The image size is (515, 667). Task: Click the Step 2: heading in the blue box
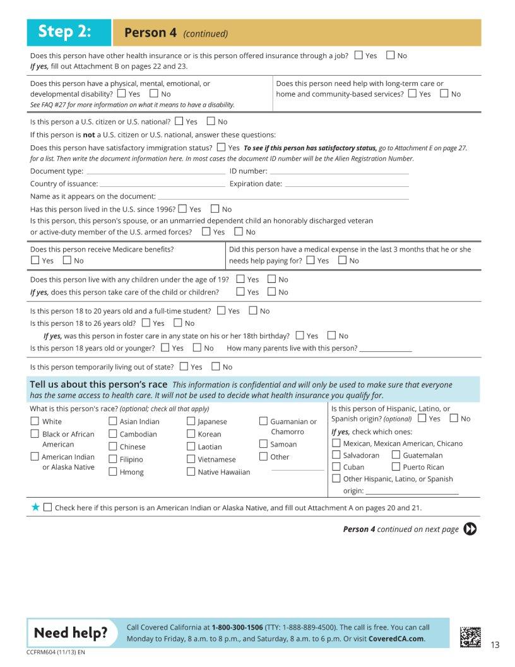coord(65,32)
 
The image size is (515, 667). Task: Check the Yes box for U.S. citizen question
coord(179,121)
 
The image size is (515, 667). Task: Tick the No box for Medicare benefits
coord(67,260)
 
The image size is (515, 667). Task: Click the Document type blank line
coord(155,172)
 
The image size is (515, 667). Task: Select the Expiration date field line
coord(346,184)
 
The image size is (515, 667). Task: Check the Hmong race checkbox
coord(113,472)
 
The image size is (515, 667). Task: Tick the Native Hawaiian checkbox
coord(191,472)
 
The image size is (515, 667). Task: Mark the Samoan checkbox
coord(263,444)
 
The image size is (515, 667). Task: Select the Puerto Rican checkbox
coord(396,467)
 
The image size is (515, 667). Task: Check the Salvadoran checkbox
coord(336,455)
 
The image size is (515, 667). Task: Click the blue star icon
coord(35,507)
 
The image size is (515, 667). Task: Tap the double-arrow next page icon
coord(470,529)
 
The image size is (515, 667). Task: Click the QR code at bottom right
coord(470,637)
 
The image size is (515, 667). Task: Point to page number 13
coord(495,645)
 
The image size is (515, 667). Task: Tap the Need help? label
coord(71,633)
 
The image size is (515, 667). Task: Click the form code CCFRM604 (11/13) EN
coord(56,652)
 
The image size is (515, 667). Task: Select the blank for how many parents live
coord(386,349)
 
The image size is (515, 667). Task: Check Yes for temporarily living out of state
coord(184,366)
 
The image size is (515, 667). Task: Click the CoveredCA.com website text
coord(396,639)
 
